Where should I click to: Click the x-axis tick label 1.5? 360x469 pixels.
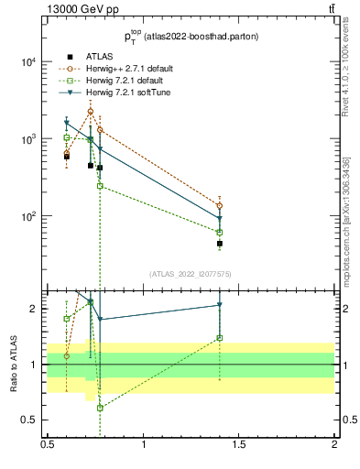[x=239, y=444]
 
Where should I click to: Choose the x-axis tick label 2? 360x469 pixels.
[x=334, y=444]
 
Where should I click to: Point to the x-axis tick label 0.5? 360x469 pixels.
[x=48, y=444]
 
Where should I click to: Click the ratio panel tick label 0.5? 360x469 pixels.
[x=27, y=420]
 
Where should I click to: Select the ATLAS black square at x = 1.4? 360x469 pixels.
[x=220, y=244]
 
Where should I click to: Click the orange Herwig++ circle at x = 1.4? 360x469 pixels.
[x=220, y=205]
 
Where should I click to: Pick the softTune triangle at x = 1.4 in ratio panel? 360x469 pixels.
[x=220, y=305]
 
